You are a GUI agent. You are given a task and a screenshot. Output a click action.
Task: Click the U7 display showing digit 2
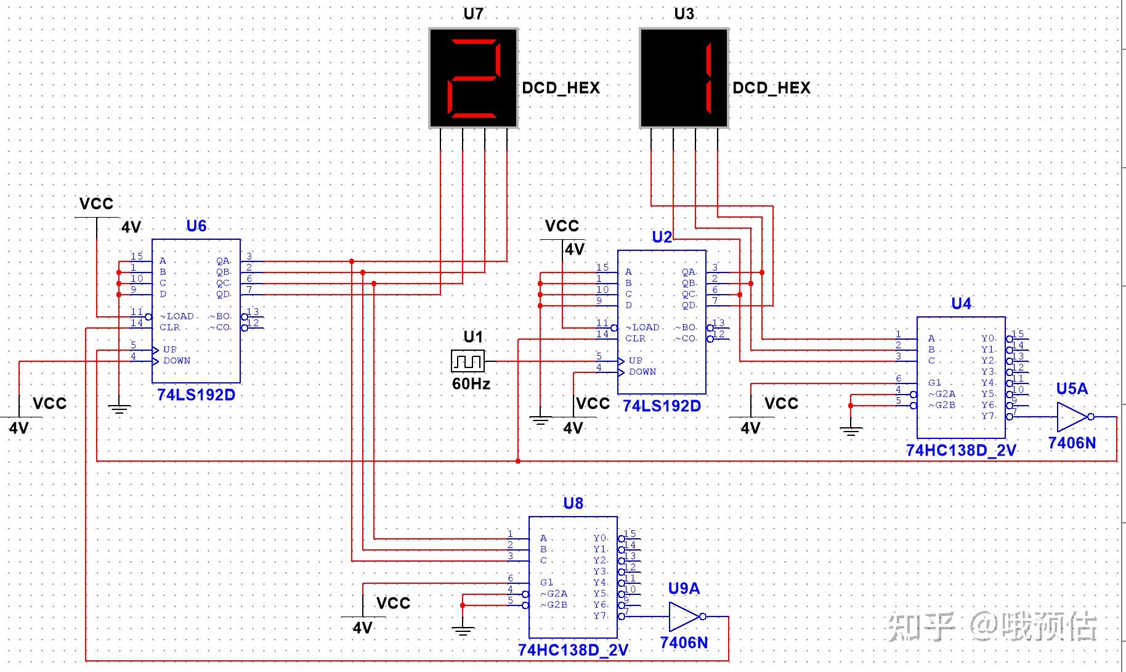coord(473,78)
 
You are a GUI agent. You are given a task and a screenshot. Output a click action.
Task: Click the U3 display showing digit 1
coord(684,78)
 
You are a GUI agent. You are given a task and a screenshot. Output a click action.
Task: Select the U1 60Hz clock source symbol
coord(468,361)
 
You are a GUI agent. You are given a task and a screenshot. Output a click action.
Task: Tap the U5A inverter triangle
coord(1072,417)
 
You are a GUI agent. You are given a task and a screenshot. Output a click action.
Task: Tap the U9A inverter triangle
coord(684,617)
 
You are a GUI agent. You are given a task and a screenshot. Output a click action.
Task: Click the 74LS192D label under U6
coord(196,395)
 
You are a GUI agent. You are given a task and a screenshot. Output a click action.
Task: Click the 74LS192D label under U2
coord(662,406)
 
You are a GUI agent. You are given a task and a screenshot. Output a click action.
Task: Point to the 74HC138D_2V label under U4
coord(961,451)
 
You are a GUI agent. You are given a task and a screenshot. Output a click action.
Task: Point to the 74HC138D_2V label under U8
coord(573,650)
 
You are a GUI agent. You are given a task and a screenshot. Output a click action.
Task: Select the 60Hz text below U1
coord(471,384)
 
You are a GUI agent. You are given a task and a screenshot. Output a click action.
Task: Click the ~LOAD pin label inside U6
coord(177,316)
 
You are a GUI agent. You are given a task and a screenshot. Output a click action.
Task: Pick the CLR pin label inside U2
coord(635,338)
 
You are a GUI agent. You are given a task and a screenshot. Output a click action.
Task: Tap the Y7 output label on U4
coord(988,416)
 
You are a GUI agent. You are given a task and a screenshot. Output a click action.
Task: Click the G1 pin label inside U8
coord(547,582)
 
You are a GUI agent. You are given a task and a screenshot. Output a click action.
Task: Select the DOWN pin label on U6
coord(177,361)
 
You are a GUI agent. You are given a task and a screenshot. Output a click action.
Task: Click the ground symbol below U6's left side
coord(119,408)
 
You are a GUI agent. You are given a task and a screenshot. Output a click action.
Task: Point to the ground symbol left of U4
coord(851,430)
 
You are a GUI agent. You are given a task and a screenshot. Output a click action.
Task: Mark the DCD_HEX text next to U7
coord(561,88)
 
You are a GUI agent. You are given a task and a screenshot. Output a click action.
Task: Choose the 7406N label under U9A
coord(684,643)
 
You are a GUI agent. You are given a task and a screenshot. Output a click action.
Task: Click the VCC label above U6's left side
coord(97,204)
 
